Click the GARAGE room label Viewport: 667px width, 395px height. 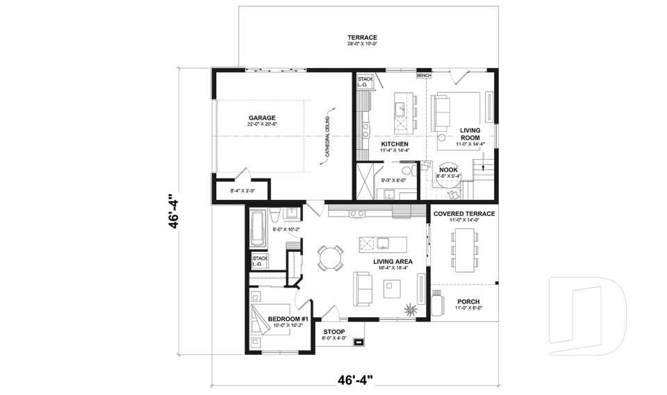[263, 117]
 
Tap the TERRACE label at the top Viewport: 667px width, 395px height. [362, 37]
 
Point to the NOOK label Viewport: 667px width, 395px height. [449, 169]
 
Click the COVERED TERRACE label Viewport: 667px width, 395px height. [464, 214]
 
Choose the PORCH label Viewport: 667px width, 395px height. [468, 301]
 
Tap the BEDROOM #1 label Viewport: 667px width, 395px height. [287, 319]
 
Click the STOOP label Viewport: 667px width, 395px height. [333, 332]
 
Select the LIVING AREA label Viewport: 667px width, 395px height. [377, 261]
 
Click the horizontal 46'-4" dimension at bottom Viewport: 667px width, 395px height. [355, 380]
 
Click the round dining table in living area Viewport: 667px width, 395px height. [331, 258]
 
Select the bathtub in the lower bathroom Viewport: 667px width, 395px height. [258, 230]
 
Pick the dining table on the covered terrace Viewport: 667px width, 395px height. [463, 247]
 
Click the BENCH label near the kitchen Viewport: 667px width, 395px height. [424, 74]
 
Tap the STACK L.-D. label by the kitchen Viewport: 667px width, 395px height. [365, 83]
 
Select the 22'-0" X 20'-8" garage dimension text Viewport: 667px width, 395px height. [263, 124]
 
